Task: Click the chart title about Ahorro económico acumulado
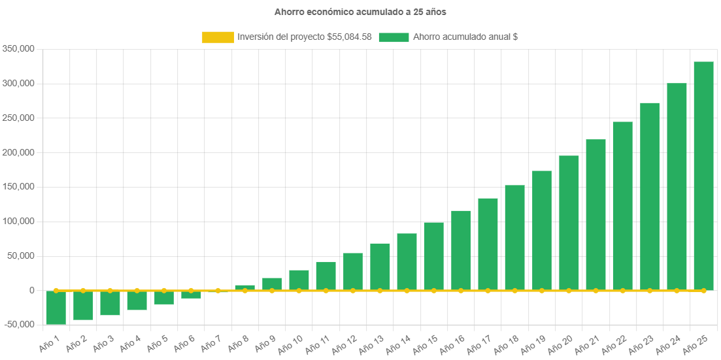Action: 360,12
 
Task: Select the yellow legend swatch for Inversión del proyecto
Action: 218,37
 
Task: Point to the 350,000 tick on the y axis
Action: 18,49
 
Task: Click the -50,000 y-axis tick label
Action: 18,325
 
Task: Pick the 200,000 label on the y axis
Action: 18,152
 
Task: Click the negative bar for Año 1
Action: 56,308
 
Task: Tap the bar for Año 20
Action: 569,222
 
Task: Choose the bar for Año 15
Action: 433,256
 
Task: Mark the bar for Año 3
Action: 110,303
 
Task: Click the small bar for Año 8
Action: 244,287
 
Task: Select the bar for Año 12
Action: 352,271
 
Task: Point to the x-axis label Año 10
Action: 290,344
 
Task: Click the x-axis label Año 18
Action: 506,344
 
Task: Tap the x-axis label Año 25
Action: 695,344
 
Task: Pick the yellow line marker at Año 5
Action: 163,290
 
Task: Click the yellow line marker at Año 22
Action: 622,290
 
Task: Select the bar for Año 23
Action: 649,196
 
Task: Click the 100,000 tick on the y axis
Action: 18,221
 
